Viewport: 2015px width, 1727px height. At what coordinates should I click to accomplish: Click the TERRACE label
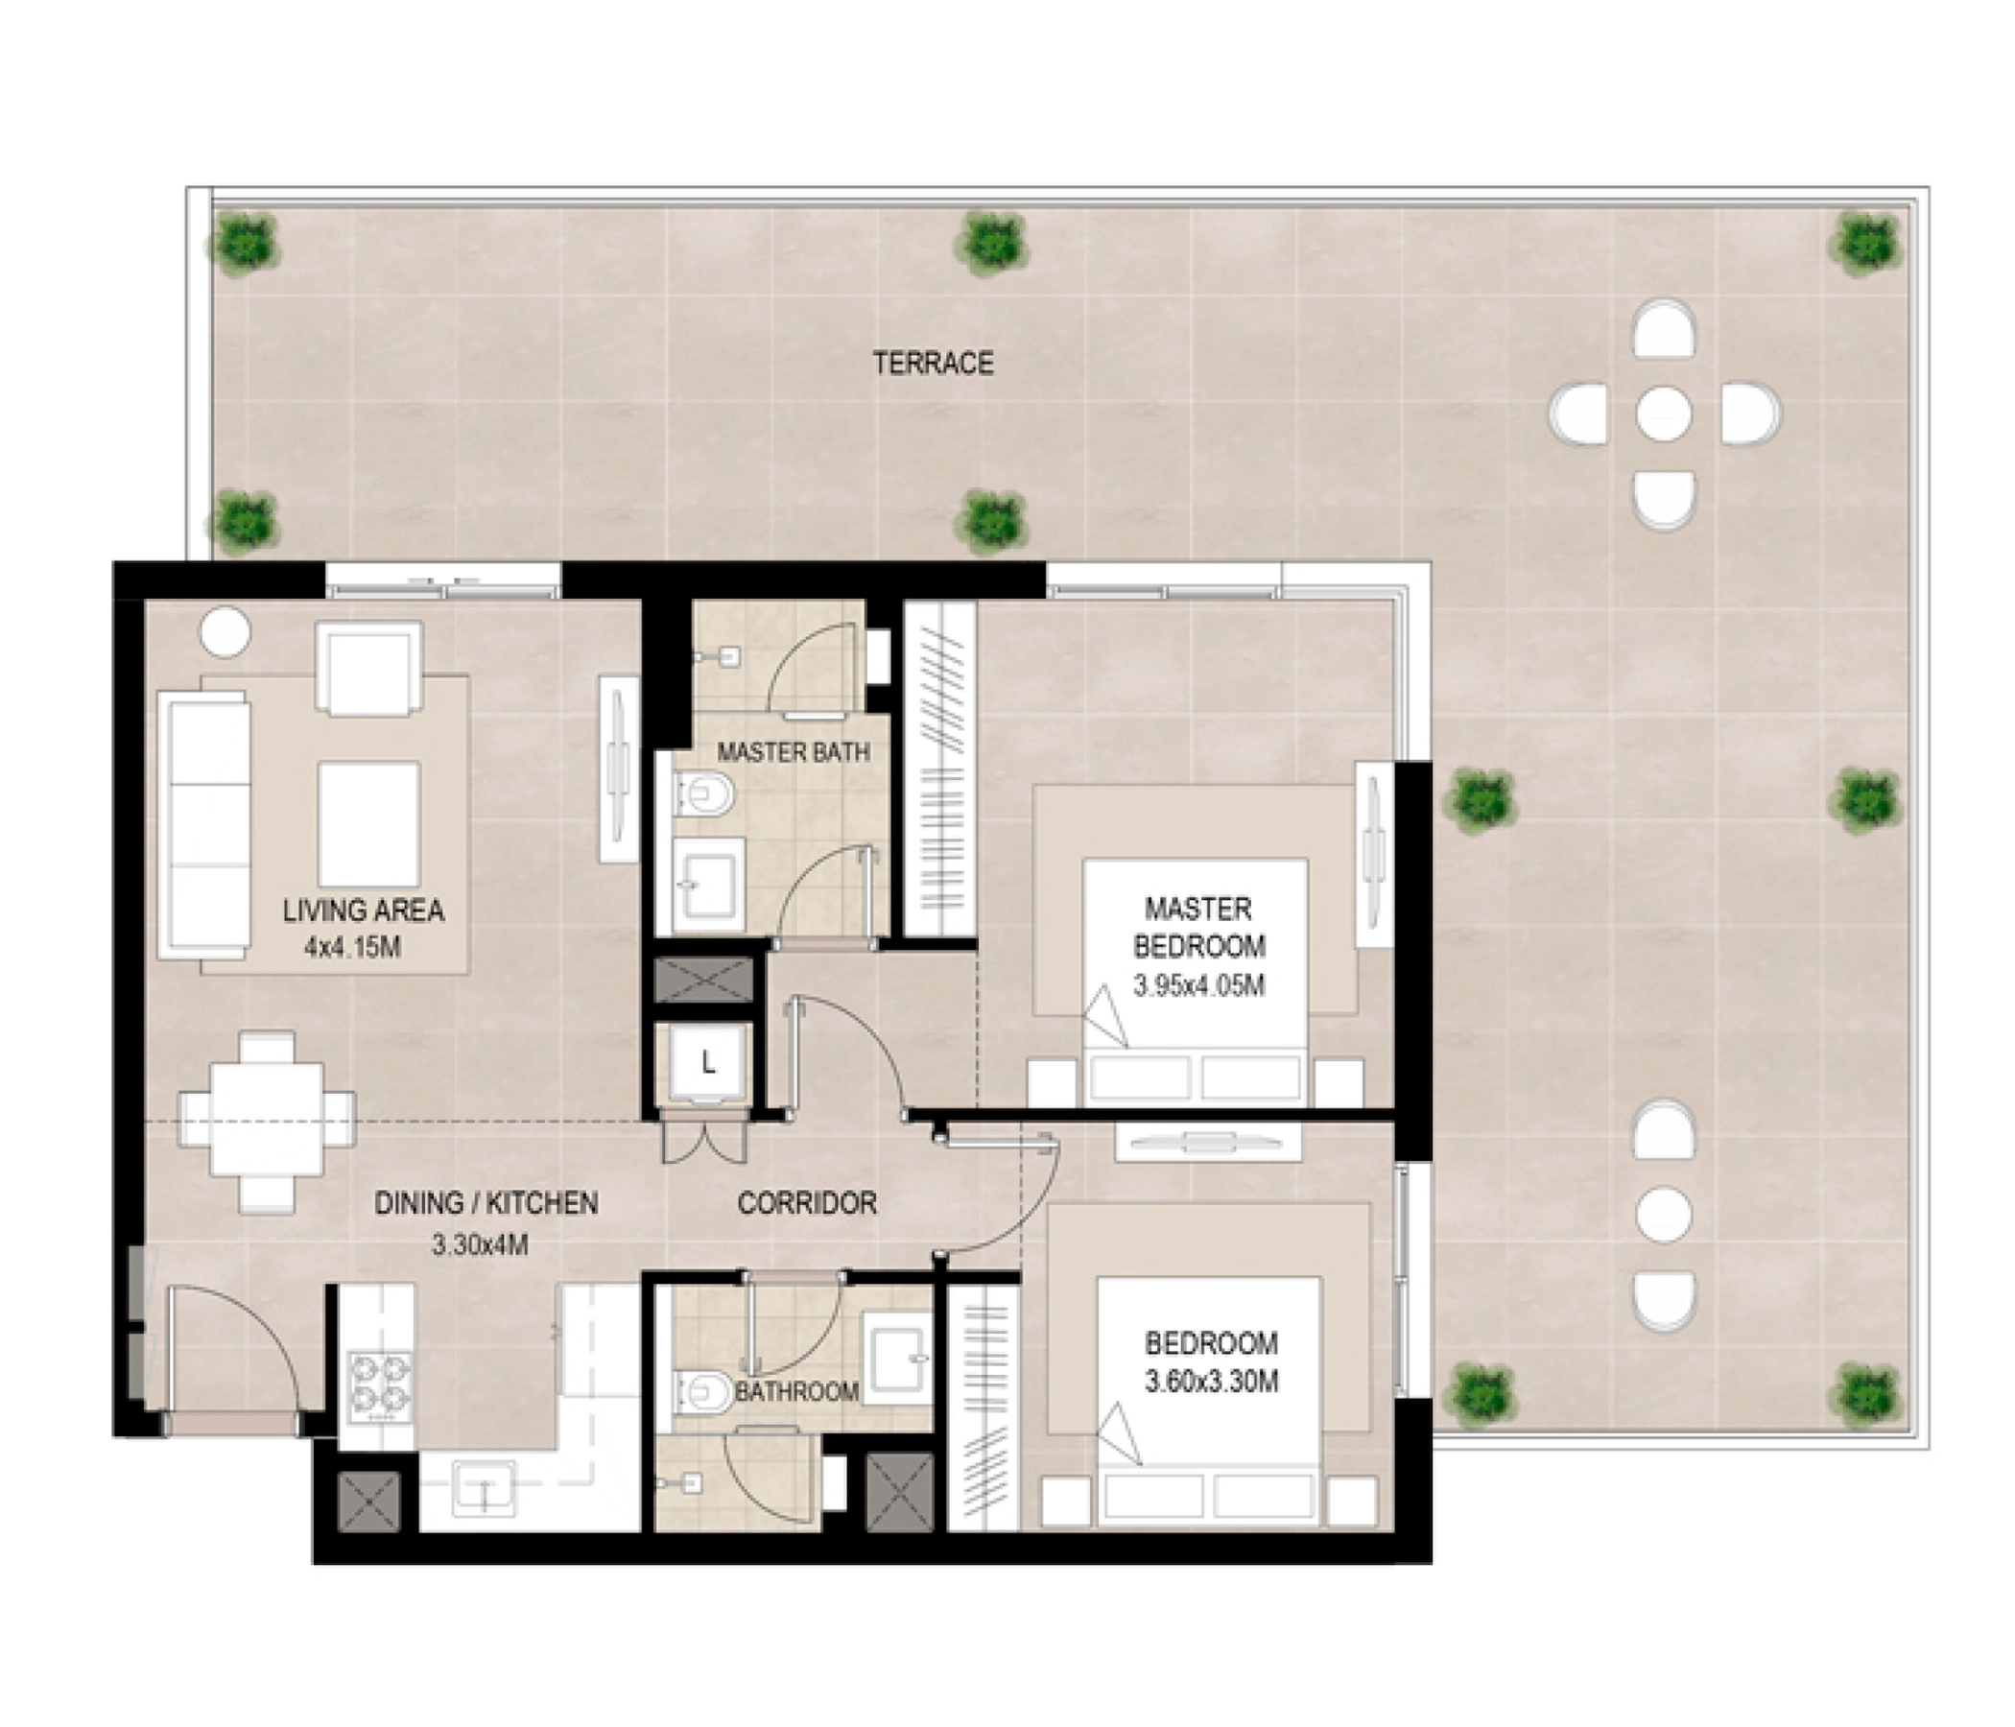[933, 364]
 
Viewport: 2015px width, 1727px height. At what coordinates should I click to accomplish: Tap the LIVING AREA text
[363, 911]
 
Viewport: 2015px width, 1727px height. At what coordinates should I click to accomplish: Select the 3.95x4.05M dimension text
[1198, 986]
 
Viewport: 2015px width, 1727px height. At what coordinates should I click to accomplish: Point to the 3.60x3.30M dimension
[1211, 1382]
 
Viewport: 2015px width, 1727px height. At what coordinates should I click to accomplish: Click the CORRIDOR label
[807, 1204]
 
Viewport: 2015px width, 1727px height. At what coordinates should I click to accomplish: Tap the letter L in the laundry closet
[709, 1064]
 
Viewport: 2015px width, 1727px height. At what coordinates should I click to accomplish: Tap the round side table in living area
[225, 632]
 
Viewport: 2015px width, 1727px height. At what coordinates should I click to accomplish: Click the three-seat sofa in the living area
[205, 825]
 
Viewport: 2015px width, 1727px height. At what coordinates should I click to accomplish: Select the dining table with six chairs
[267, 1123]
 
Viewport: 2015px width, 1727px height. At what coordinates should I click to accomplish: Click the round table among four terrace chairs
[1663, 414]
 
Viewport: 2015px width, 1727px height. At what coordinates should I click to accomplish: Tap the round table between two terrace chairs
[1663, 1214]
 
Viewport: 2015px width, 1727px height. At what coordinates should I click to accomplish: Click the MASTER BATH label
[794, 751]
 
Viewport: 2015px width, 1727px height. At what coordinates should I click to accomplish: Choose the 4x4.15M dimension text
[352, 948]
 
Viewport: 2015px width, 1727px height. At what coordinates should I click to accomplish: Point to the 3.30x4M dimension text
[480, 1244]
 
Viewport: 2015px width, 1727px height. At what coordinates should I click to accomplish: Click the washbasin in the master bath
[708, 886]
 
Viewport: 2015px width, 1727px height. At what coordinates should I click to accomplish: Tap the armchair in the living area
[368, 670]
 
